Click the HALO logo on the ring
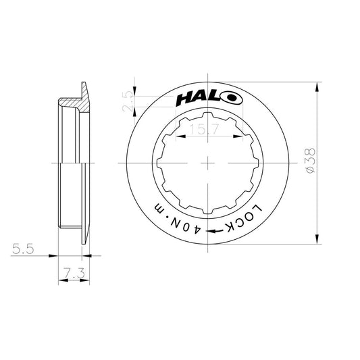click(207, 99)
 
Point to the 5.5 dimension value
click(24, 249)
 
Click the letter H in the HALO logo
click(184, 99)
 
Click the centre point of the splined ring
click(207, 164)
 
